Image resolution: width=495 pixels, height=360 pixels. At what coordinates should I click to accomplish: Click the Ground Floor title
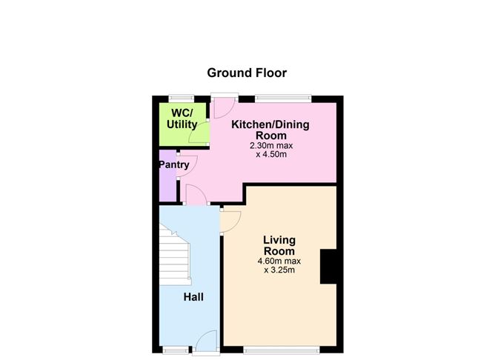click(x=247, y=73)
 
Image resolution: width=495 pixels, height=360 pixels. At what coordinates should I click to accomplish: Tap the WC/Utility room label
click(x=182, y=119)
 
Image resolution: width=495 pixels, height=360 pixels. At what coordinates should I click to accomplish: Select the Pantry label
click(x=174, y=164)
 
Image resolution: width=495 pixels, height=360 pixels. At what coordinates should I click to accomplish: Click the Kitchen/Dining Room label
click(x=270, y=130)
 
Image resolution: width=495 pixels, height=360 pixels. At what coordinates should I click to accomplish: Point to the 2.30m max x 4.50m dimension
click(x=271, y=150)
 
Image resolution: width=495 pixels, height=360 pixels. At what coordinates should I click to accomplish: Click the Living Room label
click(x=279, y=245)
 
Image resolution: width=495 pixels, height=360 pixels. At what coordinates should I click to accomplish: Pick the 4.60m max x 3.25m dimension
click(x=279, y=266)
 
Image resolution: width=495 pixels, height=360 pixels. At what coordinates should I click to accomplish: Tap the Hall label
click(x=193, y=297)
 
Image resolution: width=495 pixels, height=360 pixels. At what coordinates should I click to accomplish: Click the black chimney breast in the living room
click(x=328, y=267)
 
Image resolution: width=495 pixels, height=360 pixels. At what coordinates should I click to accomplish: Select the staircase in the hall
click(x=175, y=254)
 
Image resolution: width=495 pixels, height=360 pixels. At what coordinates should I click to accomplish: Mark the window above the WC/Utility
click(x=182, y=98)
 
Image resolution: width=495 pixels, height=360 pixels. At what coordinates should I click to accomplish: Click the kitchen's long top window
click(x=283, y=98)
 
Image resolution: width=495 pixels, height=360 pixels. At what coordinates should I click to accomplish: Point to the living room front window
click(x=282, y=350)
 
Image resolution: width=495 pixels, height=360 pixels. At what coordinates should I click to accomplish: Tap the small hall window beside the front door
click(x=176, y=350)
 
